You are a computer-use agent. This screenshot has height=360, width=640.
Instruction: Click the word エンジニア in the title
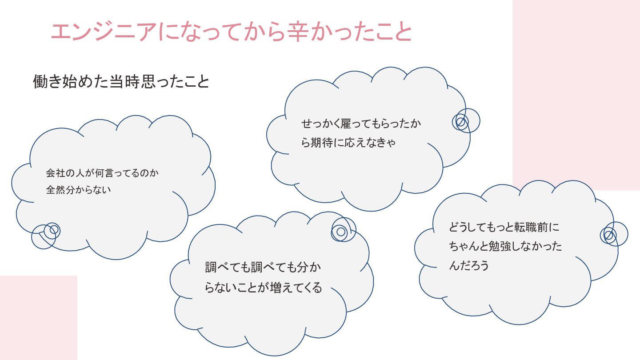click(x=104, y=32)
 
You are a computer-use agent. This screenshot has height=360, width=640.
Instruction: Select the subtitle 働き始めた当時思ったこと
click(x=121, y=82)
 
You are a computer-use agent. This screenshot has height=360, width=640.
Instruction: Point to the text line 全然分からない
click(x=78, y=190)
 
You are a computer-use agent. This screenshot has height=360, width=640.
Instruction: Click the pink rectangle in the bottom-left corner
click(x=38, y=317)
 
